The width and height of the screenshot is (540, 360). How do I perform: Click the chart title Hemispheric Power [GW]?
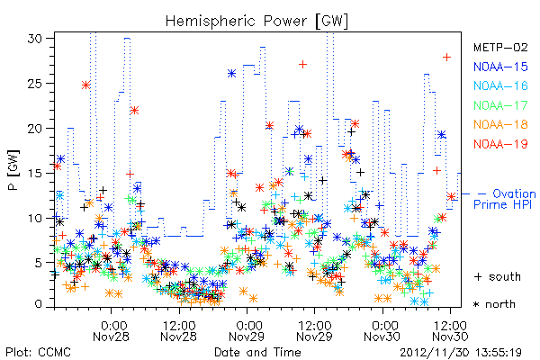(x=256, y=22)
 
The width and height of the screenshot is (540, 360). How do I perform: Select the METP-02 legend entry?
(x=500, y=47)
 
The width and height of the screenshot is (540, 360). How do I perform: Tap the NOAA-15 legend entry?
(x=500, y=67)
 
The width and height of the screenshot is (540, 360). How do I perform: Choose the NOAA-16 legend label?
(x=500, y=85)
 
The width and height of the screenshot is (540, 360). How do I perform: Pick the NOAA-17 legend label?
(x=500, y=105)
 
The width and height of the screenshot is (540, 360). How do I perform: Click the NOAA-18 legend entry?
(x=500, y=124)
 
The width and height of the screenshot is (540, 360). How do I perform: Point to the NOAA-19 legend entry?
(x=500, y=144)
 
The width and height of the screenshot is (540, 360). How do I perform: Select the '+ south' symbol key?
(x=498, y=276)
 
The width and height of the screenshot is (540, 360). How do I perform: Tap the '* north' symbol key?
(x=494, y=304)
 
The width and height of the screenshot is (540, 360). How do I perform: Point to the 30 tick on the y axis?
(x=34, y=38)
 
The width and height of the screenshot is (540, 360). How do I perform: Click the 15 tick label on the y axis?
(x=34, y=173)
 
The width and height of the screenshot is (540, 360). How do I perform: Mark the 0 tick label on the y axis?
(x=39, y=304)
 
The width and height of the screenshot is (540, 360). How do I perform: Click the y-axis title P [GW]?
(x=13, y=170)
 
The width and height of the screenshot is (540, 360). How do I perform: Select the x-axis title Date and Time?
(x=257, y=352)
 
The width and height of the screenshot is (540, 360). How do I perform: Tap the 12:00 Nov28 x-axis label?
(x=179, y=330)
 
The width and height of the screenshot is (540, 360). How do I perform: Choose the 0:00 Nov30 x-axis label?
(x=382, y=330)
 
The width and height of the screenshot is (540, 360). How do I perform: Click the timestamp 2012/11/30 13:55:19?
(x=461, y=353)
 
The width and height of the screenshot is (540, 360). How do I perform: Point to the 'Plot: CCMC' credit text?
(x=38, y=352)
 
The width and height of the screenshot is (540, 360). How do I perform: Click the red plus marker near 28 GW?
(x=446, y=58)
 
